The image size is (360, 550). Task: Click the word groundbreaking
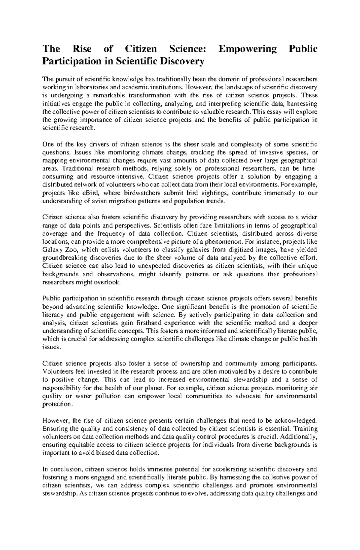(61, 258)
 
